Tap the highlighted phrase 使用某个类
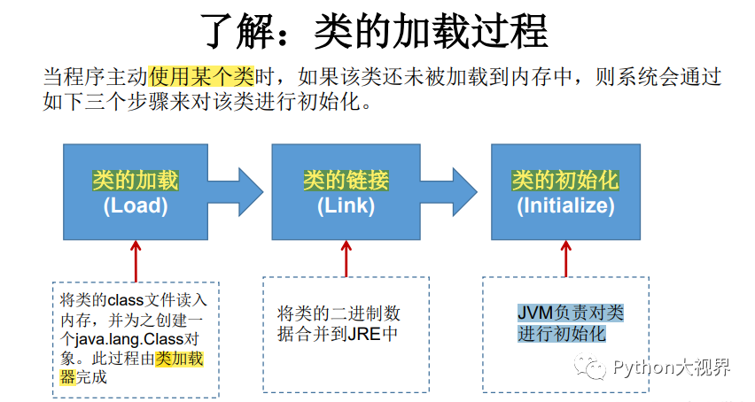pos(203,76)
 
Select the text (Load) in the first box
pos(135,206)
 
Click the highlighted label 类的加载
pos(135,182)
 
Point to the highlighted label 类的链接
pos(346,182)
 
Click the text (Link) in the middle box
pos(346,206)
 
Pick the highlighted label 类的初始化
pos(565,182)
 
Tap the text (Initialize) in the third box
pos(565,206)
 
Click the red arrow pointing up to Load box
pos(136,257)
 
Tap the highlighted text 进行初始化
pos(562,334)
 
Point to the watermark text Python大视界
pos(673,367)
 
